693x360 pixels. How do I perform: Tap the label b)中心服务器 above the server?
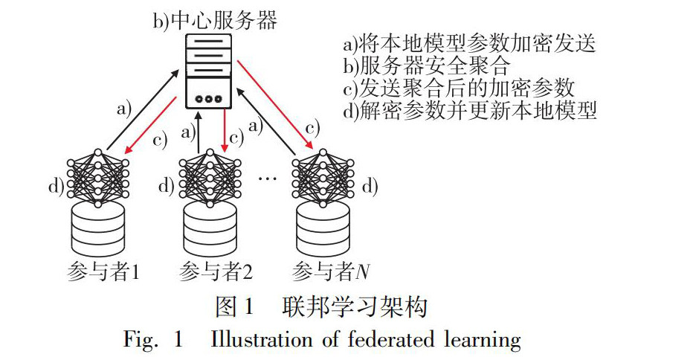pyautogui.click(x=215, y=20)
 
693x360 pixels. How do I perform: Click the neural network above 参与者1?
pyautogui.click(x=98, y=178)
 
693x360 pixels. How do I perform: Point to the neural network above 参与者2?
pyautogui.click(x=211, y=178)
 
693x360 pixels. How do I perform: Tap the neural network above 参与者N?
pyautogui.click(x=323, y=178)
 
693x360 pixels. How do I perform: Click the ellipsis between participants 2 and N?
pyautogui.click(x=266, y=179)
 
